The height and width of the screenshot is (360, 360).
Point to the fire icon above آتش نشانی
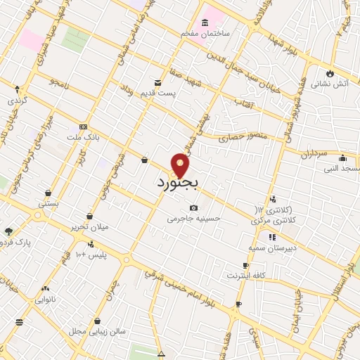pos(330,72)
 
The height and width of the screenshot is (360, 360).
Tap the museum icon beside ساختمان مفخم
pos(205,22)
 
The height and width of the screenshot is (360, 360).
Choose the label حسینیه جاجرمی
pos(193,219)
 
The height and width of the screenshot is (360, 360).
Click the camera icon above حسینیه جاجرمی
pos(193,207)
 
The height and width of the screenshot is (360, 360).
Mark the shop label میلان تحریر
pos(88,228)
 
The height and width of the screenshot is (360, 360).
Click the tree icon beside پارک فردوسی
pos(8,231)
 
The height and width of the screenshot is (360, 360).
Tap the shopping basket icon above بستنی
pos(48,192)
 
